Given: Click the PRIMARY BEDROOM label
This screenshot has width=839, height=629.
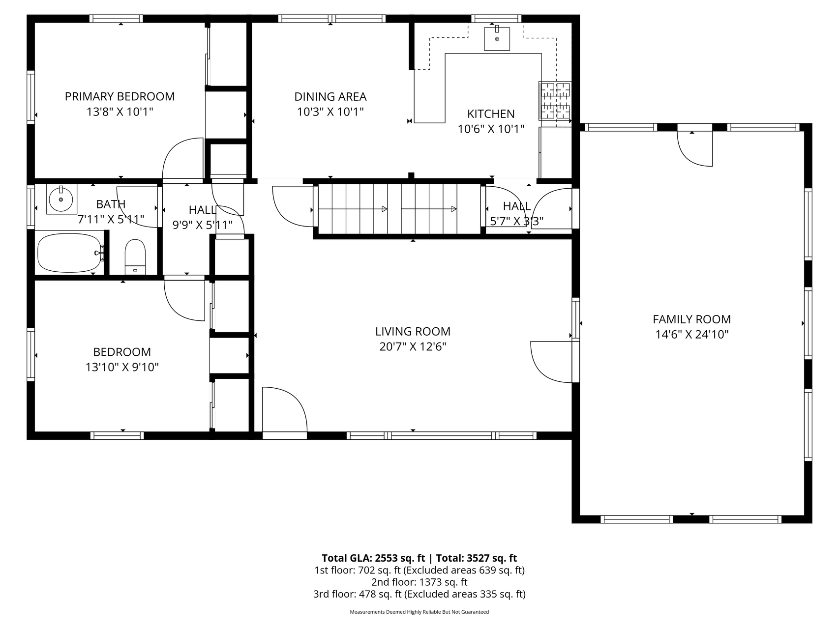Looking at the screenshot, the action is point(120,96).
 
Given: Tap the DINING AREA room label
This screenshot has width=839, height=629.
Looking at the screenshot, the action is point(330,97).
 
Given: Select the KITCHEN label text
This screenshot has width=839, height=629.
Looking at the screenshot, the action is point(491,114).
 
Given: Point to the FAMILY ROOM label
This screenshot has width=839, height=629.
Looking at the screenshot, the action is point(691,319).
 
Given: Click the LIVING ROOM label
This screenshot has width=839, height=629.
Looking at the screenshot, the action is point(413,332).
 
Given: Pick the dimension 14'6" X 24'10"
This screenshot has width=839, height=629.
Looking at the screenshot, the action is point(691,335).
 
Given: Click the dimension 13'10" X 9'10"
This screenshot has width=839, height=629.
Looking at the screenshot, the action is point(122,367).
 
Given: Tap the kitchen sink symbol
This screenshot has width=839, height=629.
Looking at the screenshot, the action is point(497,39).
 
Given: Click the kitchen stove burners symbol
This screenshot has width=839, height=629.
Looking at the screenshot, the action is point(556,101).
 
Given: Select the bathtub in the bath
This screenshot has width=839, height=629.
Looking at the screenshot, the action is point(70,253).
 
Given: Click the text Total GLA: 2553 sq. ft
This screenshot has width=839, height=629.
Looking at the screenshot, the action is point(373,558).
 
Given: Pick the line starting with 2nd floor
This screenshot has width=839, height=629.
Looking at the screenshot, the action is point(419,582).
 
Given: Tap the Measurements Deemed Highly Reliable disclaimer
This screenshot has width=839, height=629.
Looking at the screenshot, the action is point(419,612).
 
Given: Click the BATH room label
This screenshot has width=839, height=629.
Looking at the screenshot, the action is point(111,204).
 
